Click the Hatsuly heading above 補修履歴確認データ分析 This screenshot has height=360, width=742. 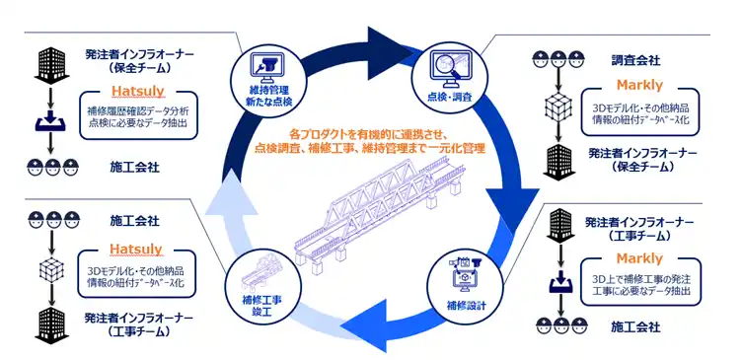136,90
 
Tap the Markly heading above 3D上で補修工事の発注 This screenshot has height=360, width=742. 638,258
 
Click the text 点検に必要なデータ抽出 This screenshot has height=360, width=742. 138,122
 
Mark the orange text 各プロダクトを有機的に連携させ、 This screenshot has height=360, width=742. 368,133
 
